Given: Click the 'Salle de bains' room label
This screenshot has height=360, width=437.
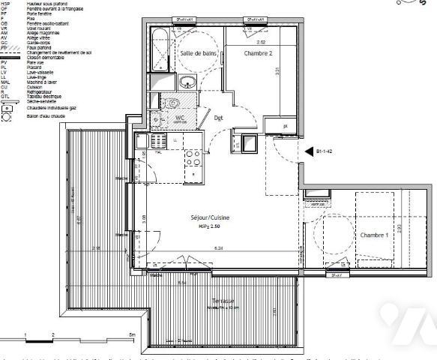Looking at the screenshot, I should pyautogui.click(x=197, y=53).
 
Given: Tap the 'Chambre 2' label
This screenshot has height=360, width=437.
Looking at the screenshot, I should pyautogui.click(x=257, y=54).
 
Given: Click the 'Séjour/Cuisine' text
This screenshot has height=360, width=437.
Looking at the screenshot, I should pyautogui.click(x=209, y=217).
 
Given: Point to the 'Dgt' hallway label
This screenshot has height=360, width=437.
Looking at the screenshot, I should pyautogui.click(x=219, y=118).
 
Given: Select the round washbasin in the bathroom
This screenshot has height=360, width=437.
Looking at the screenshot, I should pyautogui.click(x=169, y=83).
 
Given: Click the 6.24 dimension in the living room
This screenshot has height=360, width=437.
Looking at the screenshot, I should pyautogui.click(x=219, y=248).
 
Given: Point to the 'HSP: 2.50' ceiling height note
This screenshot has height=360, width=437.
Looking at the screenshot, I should pyautogui.click(x=210, y=226).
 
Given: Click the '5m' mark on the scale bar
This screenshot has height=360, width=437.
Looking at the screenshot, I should pyautogui.click(x=131, y=334).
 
